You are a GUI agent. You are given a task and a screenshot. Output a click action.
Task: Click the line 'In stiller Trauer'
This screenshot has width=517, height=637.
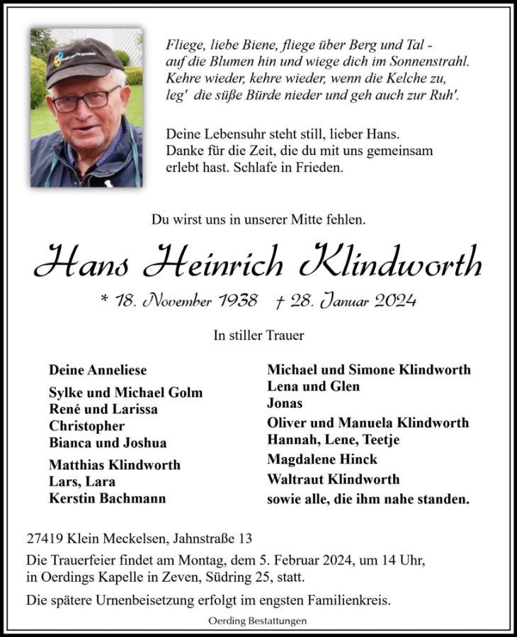[258, 336]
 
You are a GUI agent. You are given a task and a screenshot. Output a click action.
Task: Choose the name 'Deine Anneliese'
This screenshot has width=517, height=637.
[98, 370]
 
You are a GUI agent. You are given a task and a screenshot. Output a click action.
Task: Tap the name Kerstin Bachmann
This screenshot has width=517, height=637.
[107, 498]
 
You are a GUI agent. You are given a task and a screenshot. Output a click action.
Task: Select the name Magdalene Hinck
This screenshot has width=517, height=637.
[322, 459]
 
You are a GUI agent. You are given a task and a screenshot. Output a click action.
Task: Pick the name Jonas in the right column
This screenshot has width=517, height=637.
[285, 403]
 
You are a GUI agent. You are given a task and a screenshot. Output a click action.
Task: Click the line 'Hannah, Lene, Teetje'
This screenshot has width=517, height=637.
[333, 440]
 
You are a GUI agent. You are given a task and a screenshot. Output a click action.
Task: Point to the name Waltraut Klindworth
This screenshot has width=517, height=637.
[333, 479]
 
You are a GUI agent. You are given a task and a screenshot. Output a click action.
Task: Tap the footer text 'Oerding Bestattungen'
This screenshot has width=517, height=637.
[258, 621]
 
